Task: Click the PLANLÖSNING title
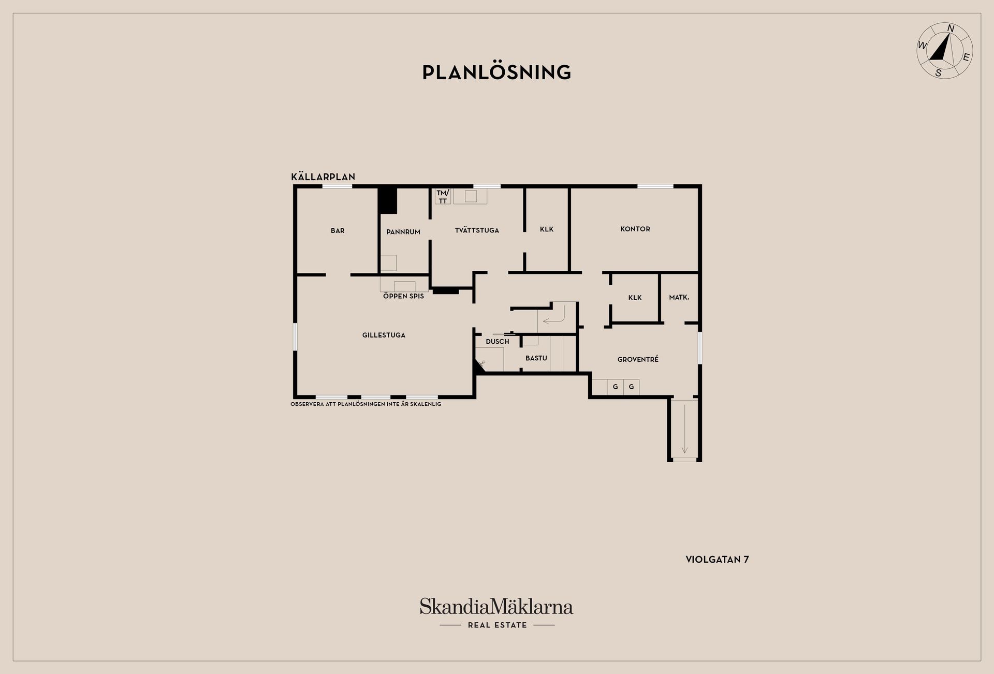click(x=496, y=72)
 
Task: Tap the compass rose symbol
click(x=944, y=50)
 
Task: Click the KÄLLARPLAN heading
click(x=323, y=177)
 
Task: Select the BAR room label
click(x=338, y=231)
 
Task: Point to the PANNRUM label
click(x=403, y=232)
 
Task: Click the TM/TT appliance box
click(x=443, y=196)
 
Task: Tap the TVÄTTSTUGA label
click(x=477, y=230)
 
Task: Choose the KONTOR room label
click(x=635, y=229)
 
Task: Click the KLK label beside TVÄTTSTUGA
click(x=547, y=229)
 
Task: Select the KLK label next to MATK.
click(x=635, y=298)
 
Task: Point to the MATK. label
click(x=679, y=297)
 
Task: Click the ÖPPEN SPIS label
click(x=403, y=296)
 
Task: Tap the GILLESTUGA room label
click(x=384, y=335)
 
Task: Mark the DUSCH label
click(x=498, y=342)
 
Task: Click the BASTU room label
click(x=536, y=358)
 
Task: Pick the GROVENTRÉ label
click(x=638, y=359)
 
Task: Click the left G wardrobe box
click(x=616, y=387)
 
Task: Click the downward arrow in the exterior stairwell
click(x=684, y=429)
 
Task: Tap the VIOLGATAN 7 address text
click(x=718, y=560)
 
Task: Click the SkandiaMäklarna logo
click(x=496, y=613)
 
